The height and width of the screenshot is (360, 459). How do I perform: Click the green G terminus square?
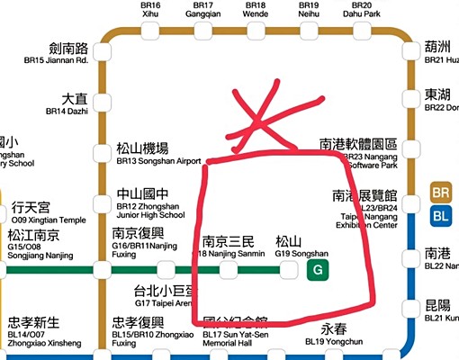click(317, 270)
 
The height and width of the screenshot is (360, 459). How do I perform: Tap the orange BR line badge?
click(442, 193)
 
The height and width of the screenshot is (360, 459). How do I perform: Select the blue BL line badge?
click(442, 215)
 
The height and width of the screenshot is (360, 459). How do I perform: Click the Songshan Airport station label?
click(158, 154)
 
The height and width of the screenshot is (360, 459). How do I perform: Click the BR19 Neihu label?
click(309, 11)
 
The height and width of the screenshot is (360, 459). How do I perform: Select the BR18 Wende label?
click(256, 11)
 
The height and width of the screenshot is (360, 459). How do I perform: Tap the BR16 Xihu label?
click(150, 11)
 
